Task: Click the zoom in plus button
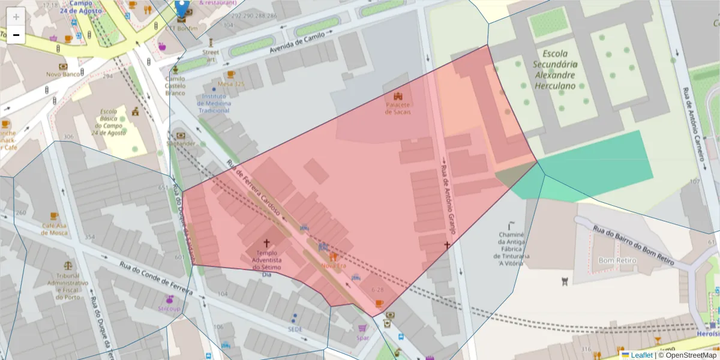point(16,17)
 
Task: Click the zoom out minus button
point(16,35)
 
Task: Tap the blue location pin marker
point(182,8)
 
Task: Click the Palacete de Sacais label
point(398,109)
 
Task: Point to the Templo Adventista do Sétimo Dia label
point(268,263)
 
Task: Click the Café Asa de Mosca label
point(55,229)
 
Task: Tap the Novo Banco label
point(63,74)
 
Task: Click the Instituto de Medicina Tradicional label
point(215,103)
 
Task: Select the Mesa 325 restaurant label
point(231,83)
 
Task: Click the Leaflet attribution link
point(641,355)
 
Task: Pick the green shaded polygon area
point(600,162)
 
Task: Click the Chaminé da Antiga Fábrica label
point(512,248)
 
